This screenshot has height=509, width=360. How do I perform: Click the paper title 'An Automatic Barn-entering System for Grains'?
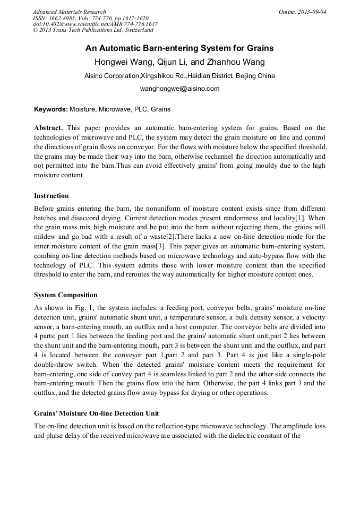(x=179, y=48)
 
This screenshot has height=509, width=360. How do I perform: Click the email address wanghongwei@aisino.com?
(x=179, y=89)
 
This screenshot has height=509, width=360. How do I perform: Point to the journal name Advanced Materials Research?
(x=69, y=12)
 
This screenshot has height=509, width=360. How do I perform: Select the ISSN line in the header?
(x=90, y=18)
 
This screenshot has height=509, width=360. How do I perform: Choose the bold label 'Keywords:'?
(x=51, y=109)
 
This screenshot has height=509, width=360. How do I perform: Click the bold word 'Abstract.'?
(x=49, y=128)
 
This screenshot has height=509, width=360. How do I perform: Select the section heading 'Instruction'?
(x=51, y=195)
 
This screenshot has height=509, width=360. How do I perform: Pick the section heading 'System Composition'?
(x=65, y=295)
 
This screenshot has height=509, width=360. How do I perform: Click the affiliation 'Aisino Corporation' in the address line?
(x=112, y=76)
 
